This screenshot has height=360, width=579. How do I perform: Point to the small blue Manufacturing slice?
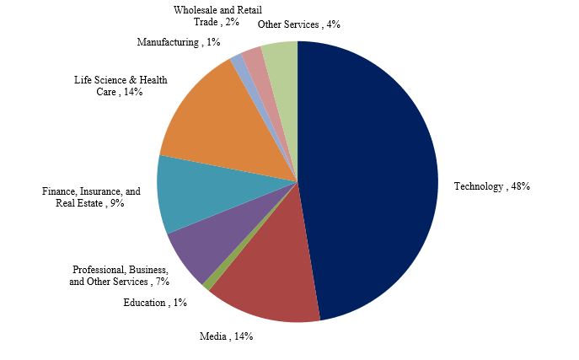tap(238, 61)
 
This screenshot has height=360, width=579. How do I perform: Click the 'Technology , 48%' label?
tap(491, 186)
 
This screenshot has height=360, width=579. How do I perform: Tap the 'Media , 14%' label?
tap(226, 336)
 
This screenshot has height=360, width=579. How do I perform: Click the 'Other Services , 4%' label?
tap(298, 24)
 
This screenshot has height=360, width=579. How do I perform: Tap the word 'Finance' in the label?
tap(59, 191)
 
